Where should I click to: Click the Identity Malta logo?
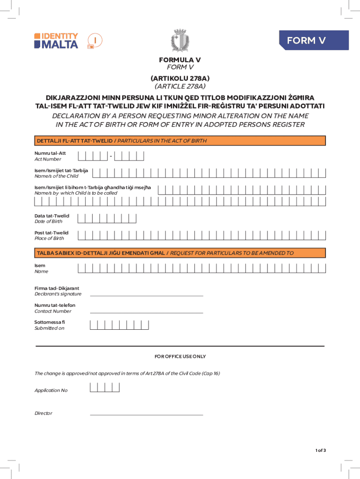point(56,41)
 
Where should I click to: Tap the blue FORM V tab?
point(313,41)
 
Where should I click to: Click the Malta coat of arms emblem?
point(180,40)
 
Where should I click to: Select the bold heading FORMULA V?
point(180,60)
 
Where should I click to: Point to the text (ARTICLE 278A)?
point(180,86)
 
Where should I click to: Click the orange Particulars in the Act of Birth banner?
point(180,141)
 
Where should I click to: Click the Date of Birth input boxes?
point(107,218)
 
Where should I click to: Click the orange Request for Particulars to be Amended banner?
point(180,253)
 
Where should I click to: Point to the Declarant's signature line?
point(146,296)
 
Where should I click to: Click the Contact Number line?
point(146,312)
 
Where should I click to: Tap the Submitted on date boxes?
point(120,325)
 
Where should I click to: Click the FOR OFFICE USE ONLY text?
point(180,356)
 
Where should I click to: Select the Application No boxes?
point(105,387)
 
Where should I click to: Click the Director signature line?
point(146,414)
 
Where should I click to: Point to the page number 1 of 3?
point(320,450)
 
